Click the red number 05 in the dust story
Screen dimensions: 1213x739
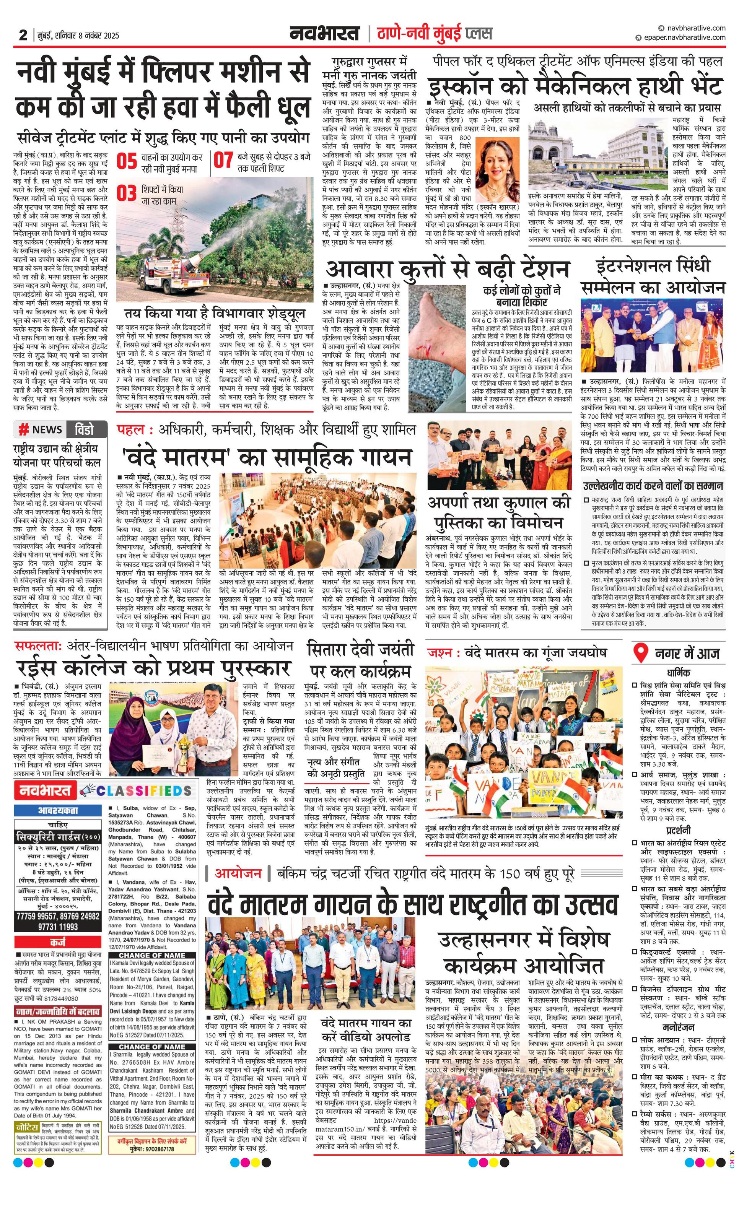(x=127, y=161)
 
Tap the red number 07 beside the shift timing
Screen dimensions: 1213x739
(x=223, y=161)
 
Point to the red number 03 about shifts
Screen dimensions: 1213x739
(x=126, y=193)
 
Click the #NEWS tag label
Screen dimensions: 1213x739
(x=41, y=430)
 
